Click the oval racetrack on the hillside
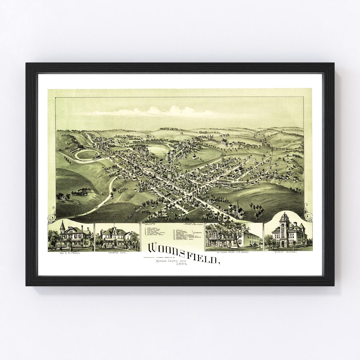tap(87, 155)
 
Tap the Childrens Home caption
tap(117, 253)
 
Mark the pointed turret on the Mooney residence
tap(62, 227)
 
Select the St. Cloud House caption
tap(233, 253)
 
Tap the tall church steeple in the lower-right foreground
tap(237, 208)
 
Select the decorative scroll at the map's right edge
tap(308, 213)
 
